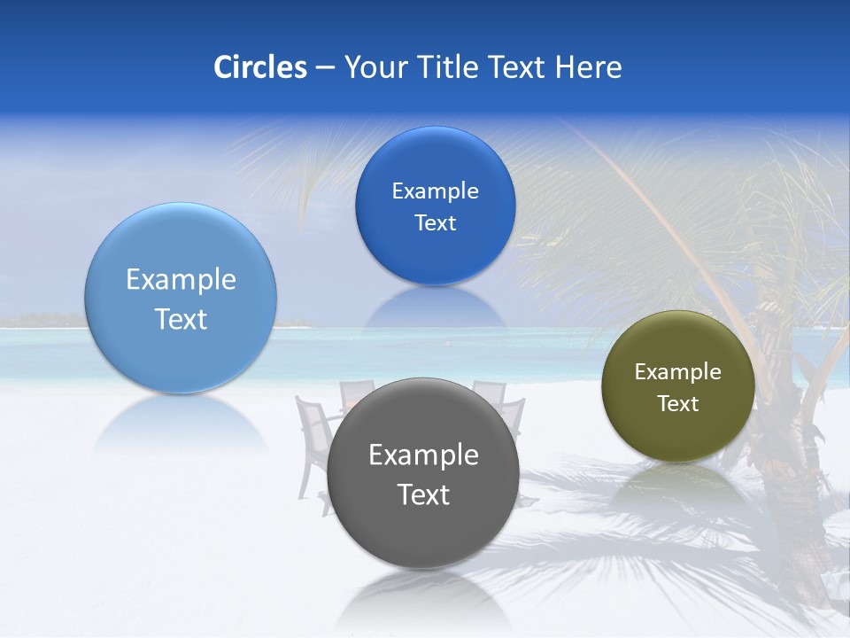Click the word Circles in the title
(259, 67)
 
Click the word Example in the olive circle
(677, 372)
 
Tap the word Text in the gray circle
(423, 494)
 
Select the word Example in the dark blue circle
(435, 191)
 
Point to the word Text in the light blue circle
(181, 319)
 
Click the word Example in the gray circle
(423, 455)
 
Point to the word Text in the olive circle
(677, 404)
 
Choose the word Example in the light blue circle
(181, 279)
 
